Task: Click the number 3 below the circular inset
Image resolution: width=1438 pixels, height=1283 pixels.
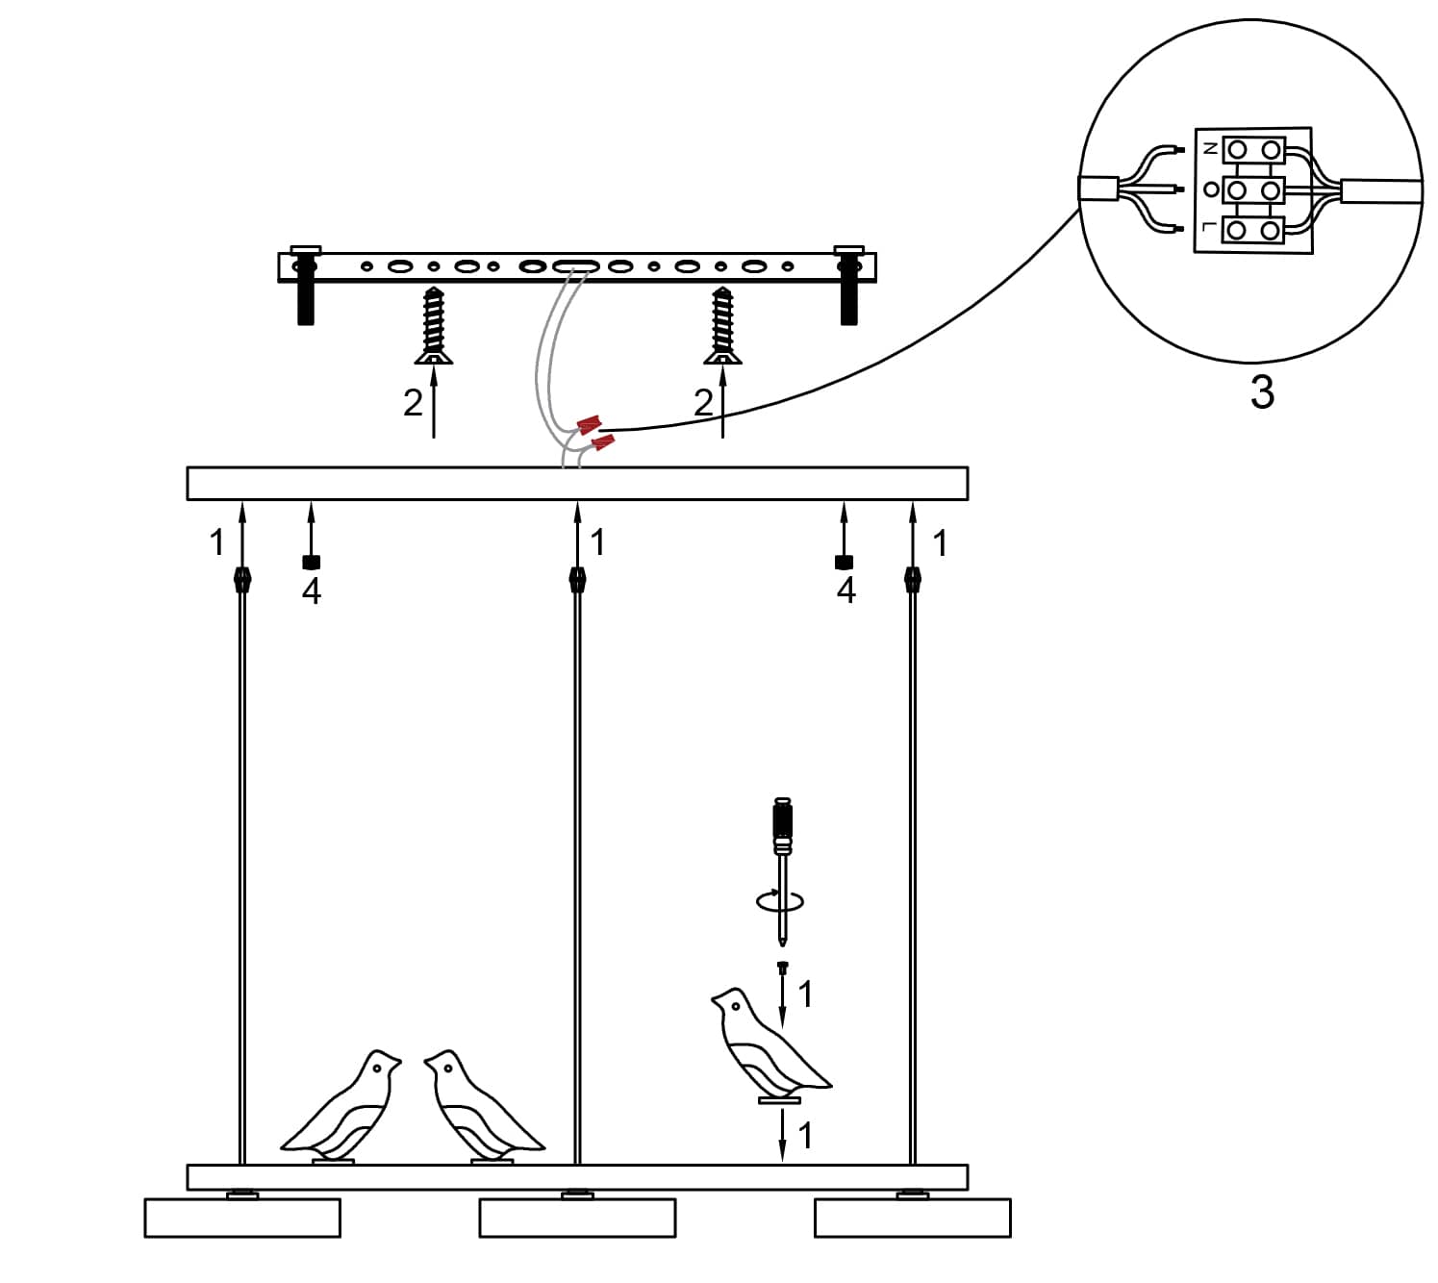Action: click(x=1262, y=392)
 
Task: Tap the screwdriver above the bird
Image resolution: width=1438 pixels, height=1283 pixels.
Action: click(x=785, y=846)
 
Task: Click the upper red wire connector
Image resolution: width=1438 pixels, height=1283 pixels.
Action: click(x=589, y=424)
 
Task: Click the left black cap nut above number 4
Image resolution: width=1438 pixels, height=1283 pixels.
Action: click(x=311, y=563)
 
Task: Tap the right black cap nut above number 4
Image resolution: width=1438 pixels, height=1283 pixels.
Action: click(x=845, y=563)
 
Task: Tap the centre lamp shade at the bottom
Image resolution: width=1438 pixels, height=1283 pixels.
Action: click(x=577, y=1217)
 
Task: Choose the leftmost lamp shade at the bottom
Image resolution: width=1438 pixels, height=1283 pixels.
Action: click(x=242, y=1217)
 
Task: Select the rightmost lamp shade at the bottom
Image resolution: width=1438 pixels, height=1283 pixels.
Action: click(x=912, y=1217)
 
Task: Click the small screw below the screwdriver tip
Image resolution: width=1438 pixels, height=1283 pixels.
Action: click(x=783, y=967)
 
